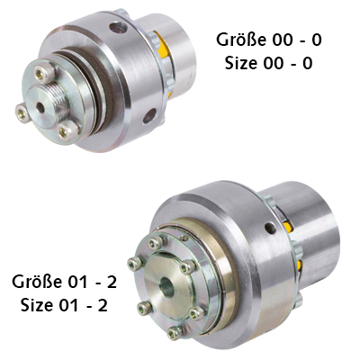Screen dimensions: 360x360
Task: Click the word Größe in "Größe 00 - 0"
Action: click(241, 40)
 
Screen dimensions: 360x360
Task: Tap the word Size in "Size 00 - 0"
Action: click(241, 63)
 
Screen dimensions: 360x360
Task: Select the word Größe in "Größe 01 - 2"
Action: click(37, 282)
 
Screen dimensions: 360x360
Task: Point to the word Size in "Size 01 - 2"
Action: click(37, 305)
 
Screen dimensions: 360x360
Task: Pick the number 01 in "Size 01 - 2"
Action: click(69, 305)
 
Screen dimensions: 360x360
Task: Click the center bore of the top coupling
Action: click(40, 109)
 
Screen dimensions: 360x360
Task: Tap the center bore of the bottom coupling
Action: click(166, 287)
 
